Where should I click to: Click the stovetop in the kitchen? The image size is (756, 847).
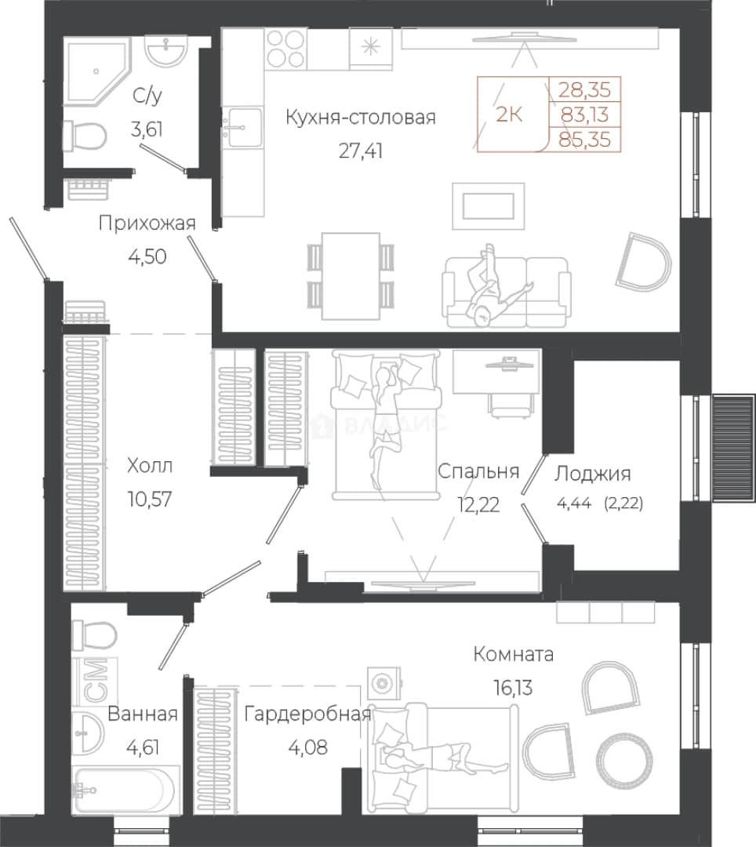(285, 48)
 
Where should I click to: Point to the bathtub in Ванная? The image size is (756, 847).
(125, 789)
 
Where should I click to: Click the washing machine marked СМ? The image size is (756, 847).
(94, 682)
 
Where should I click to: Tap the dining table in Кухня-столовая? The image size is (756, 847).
(351, 276)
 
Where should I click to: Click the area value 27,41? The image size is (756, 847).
(361, 151)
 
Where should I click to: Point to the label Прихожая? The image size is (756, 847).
(147, 223)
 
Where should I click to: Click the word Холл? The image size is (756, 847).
(150, 465)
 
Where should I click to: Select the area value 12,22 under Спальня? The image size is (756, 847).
(478, 505)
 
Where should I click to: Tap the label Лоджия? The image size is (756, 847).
(593, 474)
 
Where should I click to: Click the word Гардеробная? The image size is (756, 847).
(307, 714)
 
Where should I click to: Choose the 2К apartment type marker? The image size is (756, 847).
(509, 115)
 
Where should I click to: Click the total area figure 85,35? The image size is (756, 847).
(585, 140)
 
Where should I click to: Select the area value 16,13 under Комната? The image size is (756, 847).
(513, 688)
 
